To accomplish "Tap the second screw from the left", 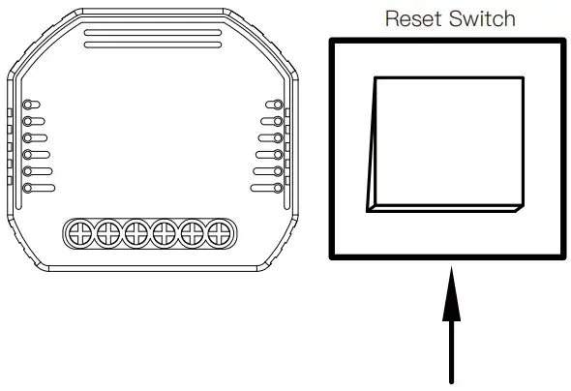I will tap(107, 231).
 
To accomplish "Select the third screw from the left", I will tap(136, 231).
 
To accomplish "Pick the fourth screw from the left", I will tap(165, 231).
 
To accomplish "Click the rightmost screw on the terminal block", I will tap(222, 231).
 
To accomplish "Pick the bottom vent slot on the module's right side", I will tap(267, 188).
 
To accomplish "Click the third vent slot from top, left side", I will tap(37, 137).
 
